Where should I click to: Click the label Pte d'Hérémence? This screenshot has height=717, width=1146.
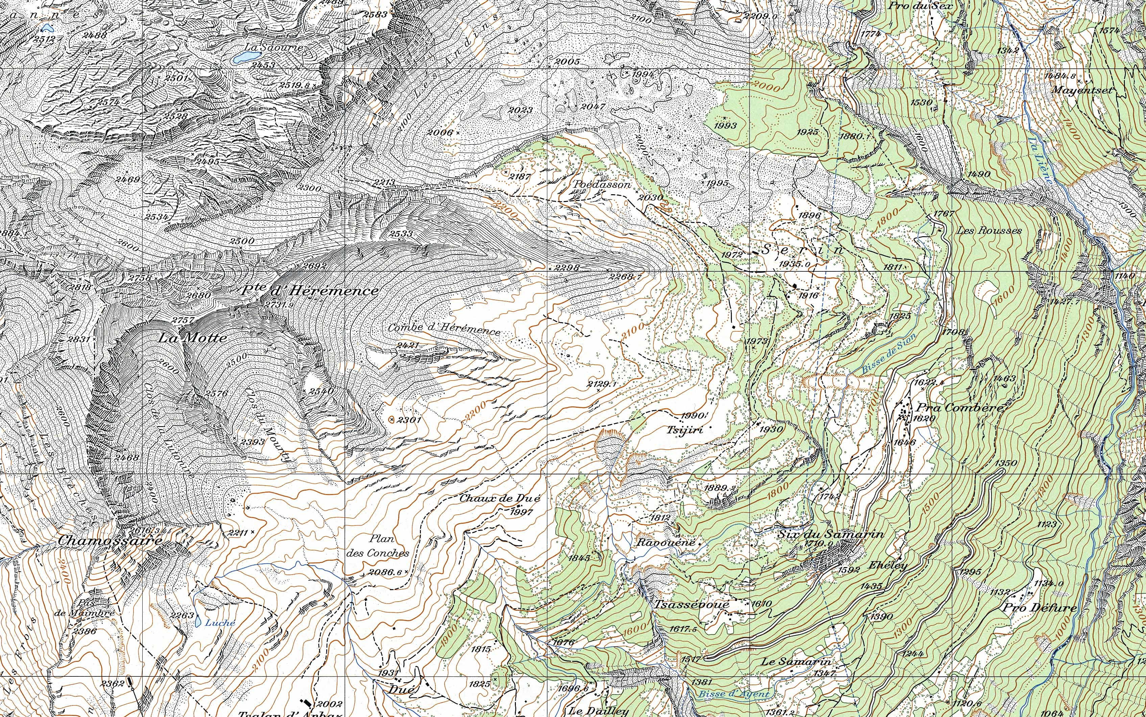tap(310, 290)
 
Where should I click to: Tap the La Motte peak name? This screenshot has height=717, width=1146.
tap(192, 338)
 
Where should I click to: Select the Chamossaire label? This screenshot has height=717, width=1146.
tap(110, 541)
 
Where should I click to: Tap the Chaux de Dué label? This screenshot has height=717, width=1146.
tap(499, 498)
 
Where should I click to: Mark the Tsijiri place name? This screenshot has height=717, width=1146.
tap(685, 430)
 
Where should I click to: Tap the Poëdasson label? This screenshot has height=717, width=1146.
tap(602, 184)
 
